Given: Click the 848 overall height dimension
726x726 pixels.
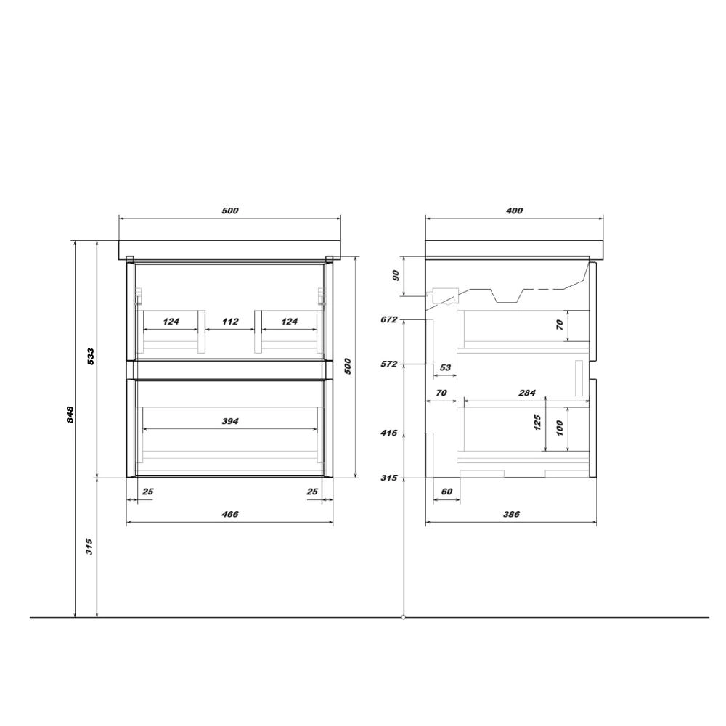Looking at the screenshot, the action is click(70, 415).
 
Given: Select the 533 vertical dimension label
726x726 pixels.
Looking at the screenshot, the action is click(91, 356).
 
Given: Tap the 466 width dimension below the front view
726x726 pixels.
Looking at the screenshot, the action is click(230, 514).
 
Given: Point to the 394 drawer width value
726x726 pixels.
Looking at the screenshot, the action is click(230, 421).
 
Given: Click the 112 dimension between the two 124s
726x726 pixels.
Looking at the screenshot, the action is click(230, 322).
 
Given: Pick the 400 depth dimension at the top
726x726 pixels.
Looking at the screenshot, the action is click(514, 211).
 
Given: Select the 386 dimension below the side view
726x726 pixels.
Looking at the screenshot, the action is click(511, 514).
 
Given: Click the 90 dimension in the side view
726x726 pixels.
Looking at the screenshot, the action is click(396, 276).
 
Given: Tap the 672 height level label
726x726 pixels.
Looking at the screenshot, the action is click(389, 319).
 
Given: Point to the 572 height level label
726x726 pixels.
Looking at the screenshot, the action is click(389, 364).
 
